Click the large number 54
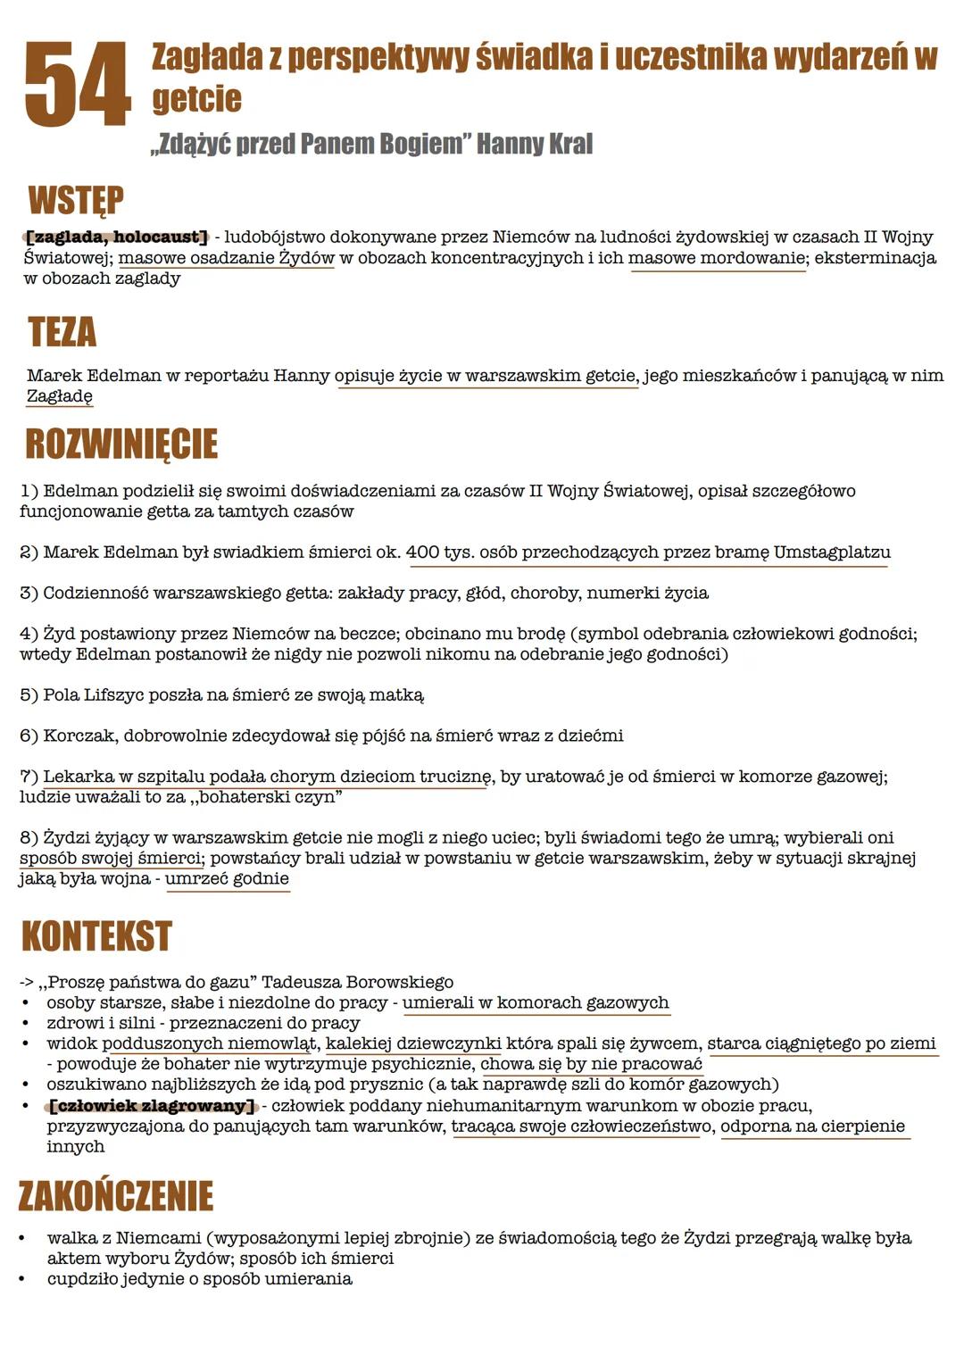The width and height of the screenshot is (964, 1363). pos(78,86)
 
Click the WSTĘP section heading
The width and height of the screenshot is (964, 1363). pos(76,201)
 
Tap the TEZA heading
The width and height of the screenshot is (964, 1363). pos(62,332)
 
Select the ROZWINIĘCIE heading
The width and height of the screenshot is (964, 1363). pos(121,444)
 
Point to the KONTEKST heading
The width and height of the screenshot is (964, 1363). pos(96,936)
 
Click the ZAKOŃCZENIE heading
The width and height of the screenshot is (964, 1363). pos(116,1196)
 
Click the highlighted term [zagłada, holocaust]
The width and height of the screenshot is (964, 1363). pos(116,237)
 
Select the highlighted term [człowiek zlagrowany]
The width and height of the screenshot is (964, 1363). pos(152,1106)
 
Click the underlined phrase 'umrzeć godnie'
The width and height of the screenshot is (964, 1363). pos(227,879)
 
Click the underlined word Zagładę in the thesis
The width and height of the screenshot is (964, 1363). pos(59,396)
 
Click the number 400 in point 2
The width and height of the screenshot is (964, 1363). pos(422,553)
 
